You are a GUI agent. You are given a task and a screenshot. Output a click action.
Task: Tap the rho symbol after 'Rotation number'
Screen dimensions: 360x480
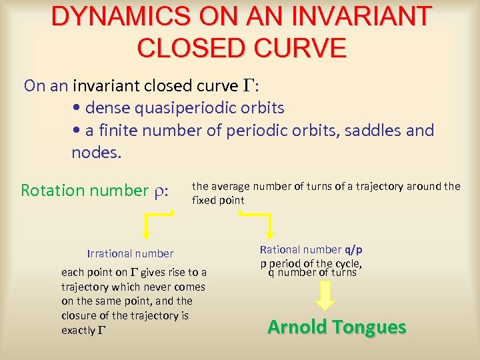pyautogui.click(x=161, y=191)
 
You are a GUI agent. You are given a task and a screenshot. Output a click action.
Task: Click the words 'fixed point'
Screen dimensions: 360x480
pyautogui.click(x=218, y=200)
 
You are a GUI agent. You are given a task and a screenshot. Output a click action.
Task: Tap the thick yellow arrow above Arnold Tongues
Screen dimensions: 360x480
pyautogui.click(x=325, y=296)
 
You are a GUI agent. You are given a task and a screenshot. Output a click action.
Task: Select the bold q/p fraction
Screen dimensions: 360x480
pyautogui.click(x=353, y=250)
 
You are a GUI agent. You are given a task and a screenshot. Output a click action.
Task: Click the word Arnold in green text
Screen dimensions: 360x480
pyautogui.click(x=298, y=327)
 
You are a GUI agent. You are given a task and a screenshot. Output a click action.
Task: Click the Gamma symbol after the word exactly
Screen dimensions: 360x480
pyautogui.click(x=101, y=331)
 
